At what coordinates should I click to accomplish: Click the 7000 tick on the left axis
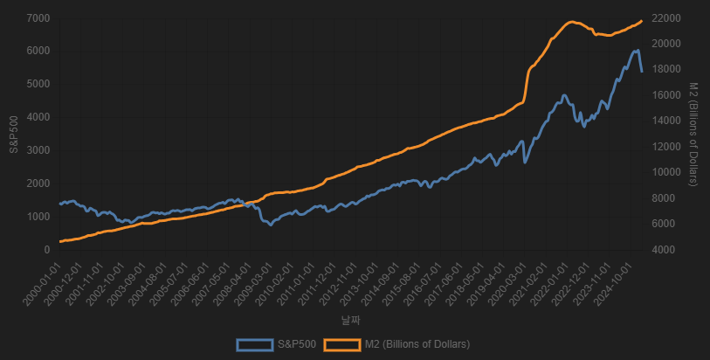38,18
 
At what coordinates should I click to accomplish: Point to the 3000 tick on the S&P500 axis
38,150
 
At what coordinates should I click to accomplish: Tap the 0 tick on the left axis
47,250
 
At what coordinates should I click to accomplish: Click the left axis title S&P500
14,134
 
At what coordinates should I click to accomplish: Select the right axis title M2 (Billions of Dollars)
693,134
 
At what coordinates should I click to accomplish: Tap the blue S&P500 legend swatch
254,344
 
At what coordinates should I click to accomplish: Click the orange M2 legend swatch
341,344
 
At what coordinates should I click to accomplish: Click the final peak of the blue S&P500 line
637,51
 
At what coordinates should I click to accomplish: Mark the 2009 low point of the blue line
272,225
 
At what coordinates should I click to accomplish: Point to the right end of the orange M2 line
642,20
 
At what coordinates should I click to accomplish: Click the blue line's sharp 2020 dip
525,162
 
